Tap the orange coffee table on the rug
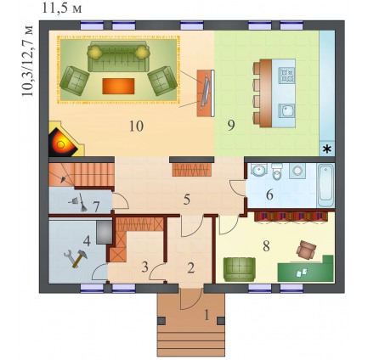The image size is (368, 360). click(118, 86)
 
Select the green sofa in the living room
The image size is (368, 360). click(118, 56)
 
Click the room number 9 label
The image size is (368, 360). click(231, 125)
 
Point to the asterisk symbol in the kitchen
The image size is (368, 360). click(327, 149)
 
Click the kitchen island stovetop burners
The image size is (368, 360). click(286, 75)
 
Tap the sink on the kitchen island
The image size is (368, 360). click(286, 110)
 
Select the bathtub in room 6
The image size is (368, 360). click(326, 185)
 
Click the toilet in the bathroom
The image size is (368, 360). click(276, 171)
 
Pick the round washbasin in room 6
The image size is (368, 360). click(258, 170)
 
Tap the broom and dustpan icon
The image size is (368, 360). click(78, 202)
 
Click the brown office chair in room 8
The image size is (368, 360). click(306, 250)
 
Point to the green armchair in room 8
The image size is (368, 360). click(240, 269)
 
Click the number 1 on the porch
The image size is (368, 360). click(207, 315)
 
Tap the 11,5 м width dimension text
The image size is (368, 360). click(62, 8)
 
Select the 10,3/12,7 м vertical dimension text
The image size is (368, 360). click(27, 61)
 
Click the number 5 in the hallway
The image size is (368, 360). click(186, 200)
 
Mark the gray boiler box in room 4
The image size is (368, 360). click(104, 233)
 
